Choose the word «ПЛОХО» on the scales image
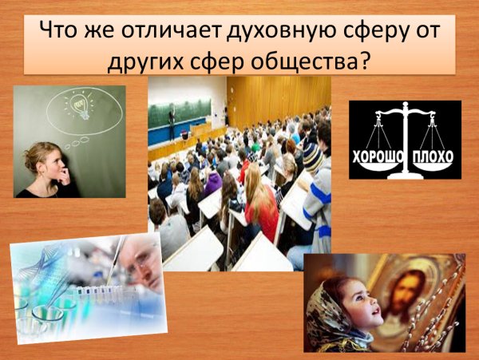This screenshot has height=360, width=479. pyautogui.click(x=434, y=152)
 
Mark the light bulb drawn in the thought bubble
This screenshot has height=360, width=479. pyautogui.click(x=80, y=106)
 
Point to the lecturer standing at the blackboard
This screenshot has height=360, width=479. pyautogui.click(x=171, y=124)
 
